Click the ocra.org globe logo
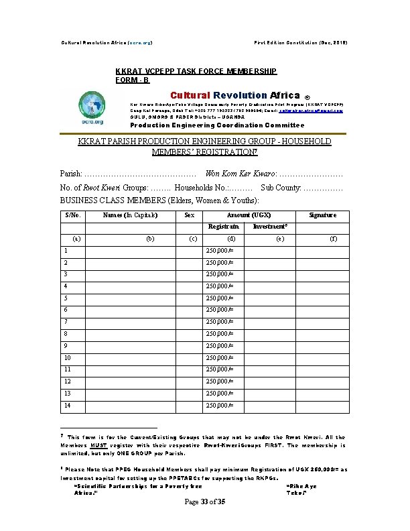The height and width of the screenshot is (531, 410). [x=92, y=108]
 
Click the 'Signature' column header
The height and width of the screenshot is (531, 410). [x=322, y=215]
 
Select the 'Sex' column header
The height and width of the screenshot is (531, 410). [x=190, y=215]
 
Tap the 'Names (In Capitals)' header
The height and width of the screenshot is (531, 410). [x=131, y=215]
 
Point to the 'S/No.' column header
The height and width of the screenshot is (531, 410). [x=72, y=215]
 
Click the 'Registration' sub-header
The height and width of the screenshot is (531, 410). [x=224, y=227]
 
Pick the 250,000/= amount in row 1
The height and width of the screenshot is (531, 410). [x=218, y=251]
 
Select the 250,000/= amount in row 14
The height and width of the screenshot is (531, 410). [x=218, y=405]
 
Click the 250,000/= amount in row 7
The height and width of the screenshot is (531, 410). [x=218, y=322]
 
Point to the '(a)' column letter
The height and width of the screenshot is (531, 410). [x=76, y=238]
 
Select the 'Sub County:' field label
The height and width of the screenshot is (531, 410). [x=281, y=188]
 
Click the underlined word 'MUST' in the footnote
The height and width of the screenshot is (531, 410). [x=100, y=445]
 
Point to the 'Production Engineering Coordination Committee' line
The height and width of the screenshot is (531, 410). [x=216, y=125]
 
